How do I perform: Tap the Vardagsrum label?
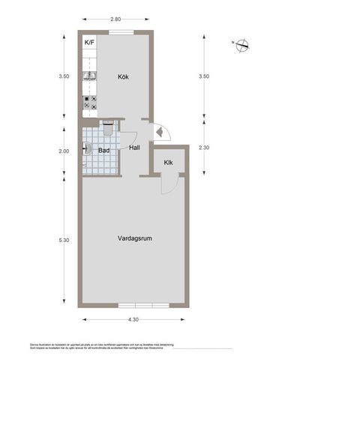point(135,239)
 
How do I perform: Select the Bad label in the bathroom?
point(104,151)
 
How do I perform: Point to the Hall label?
point(134,148)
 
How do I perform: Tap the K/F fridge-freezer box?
point(90,43)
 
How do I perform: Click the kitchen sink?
point(88,76)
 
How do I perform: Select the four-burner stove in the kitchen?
point(89,103)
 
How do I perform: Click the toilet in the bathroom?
point(109,130)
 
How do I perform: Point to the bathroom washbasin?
point(88,149)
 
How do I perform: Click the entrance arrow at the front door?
point(159,133)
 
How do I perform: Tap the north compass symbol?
point(241,46)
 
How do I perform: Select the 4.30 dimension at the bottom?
point(133,320)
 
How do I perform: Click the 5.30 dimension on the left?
point(64,240)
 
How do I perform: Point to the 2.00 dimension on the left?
point(64,151)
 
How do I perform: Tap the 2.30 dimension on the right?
point(204,148)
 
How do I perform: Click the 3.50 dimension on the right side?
point(204,76)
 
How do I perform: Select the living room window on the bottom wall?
point(144,305)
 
